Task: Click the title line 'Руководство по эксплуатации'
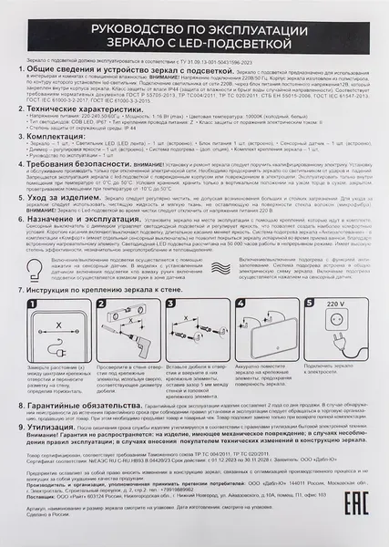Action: tap(194, 29)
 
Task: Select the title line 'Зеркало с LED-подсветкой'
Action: tap(194, 43)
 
